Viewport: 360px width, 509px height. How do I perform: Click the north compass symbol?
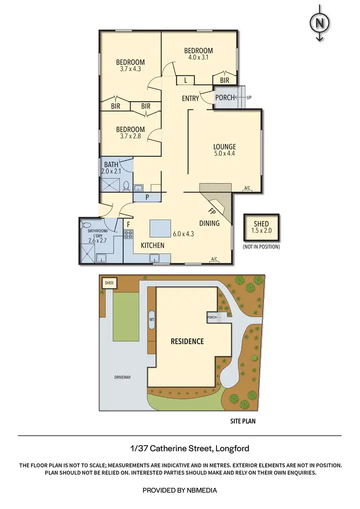click(x=318, y=23)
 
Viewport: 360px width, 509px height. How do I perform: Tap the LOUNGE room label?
click(x=225, y=147)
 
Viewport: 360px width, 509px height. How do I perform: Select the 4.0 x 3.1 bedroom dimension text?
click(x=198, y=58)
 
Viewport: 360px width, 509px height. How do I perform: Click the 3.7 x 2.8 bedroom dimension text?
click(x=131, y=137)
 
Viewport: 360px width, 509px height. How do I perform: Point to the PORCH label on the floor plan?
click(x=225, y=98)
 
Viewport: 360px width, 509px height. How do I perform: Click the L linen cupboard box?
click(x=185, y=80)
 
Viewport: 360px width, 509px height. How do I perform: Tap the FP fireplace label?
click(x=211, y=211)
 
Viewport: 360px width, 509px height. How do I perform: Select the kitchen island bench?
click(x=160, y=229)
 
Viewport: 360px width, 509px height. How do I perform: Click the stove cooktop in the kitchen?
click(x=129, y=235)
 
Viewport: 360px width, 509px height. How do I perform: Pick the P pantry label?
click(x=147, y=197)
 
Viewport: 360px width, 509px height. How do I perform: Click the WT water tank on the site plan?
click(x=152, y=319)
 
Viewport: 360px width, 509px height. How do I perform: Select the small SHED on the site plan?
click(x=109, y=283)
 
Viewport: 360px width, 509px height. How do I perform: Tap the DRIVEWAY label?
click(x=122, y=377)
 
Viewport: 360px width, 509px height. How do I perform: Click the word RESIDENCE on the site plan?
click(x=187, y=341)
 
